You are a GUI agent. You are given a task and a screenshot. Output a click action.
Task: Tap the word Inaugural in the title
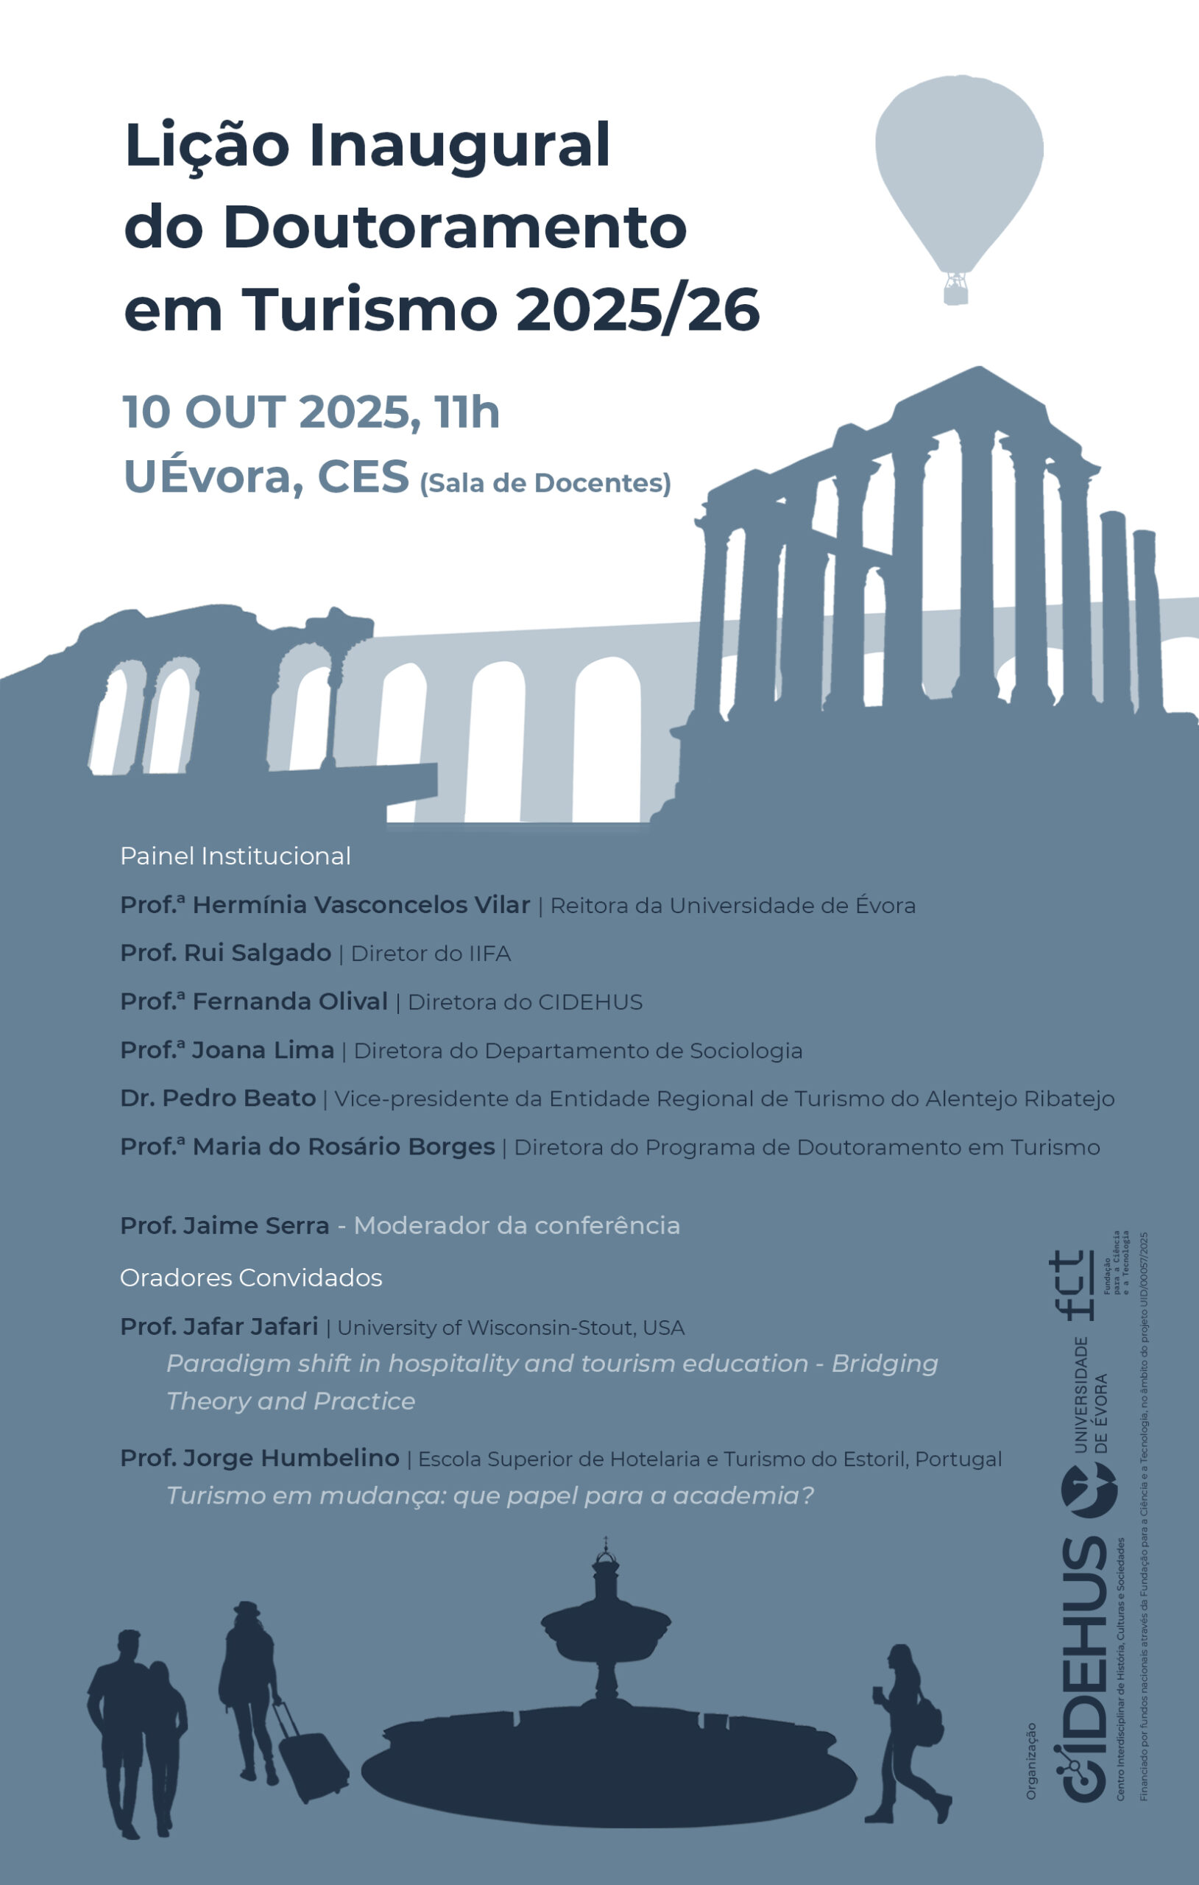coord(459,147)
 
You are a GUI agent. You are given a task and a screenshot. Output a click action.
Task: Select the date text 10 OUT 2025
coord(267,412)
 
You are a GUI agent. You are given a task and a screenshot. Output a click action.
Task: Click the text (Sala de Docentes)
coord(545,483)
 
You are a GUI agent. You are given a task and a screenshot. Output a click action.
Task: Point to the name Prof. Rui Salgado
coord(225,953)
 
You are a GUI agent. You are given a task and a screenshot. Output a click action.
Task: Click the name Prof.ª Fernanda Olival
coord(254,1001)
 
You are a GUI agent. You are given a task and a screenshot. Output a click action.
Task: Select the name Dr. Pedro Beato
coord(218,1097)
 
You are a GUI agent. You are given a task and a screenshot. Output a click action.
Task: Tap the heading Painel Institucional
coord(235,856)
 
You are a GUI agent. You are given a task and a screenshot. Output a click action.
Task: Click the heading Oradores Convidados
coord(250,1278)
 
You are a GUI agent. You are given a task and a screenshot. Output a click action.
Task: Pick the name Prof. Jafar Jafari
coord(219,1326)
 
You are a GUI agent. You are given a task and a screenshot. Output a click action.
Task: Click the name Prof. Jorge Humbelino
coord(259,1458)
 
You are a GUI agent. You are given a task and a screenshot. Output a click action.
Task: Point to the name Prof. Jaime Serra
coord(224,1225)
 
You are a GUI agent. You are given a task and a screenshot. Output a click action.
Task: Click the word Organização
coord(1030,1760)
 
